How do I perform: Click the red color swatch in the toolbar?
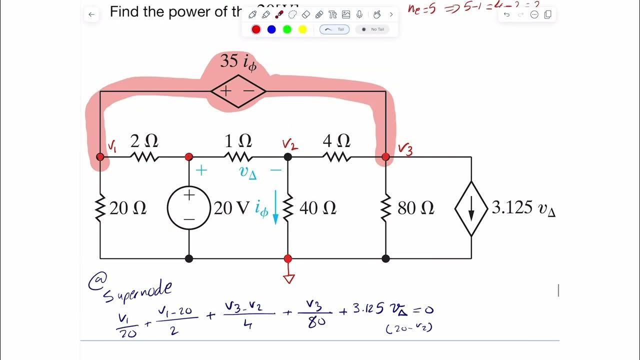[x=256, y=29]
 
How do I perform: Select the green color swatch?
[x=287, y=29]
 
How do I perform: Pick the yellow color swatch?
[x=302, y=29]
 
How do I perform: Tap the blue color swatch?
[x=271, y=29]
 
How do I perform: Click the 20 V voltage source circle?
[x=189, y=208]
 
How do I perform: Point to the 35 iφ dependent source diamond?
[x=238, y=91]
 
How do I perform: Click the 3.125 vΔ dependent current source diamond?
[x=471, y=208]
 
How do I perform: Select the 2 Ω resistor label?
[x=144, y=141]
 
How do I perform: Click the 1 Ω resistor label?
[x=238, y=141]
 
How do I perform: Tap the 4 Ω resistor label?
[x=336, y=141]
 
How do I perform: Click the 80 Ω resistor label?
[x=415, y=208]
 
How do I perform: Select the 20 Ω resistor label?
[x=128, y=208]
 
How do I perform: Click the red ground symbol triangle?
[x=288, y=278]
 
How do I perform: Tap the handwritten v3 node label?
[x=405, y=149]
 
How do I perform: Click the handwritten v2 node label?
[x=290, y=144]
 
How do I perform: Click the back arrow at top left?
[x=91, y=14]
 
